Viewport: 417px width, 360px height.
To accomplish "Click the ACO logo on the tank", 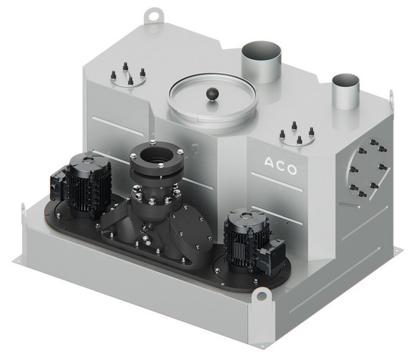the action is (x=281, y=166).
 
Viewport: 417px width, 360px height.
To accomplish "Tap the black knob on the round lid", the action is (x=212, y=94).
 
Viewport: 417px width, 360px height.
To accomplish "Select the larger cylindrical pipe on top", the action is (x=261, y=61).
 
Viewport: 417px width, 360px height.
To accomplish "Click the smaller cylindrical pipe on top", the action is (x=346, y=91).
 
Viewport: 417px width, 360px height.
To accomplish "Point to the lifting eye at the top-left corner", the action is (x=153, y=16).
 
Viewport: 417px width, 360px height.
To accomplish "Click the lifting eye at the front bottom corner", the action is (x=261, y=295).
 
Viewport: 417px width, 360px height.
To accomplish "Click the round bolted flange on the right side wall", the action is (x=368, y=168).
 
